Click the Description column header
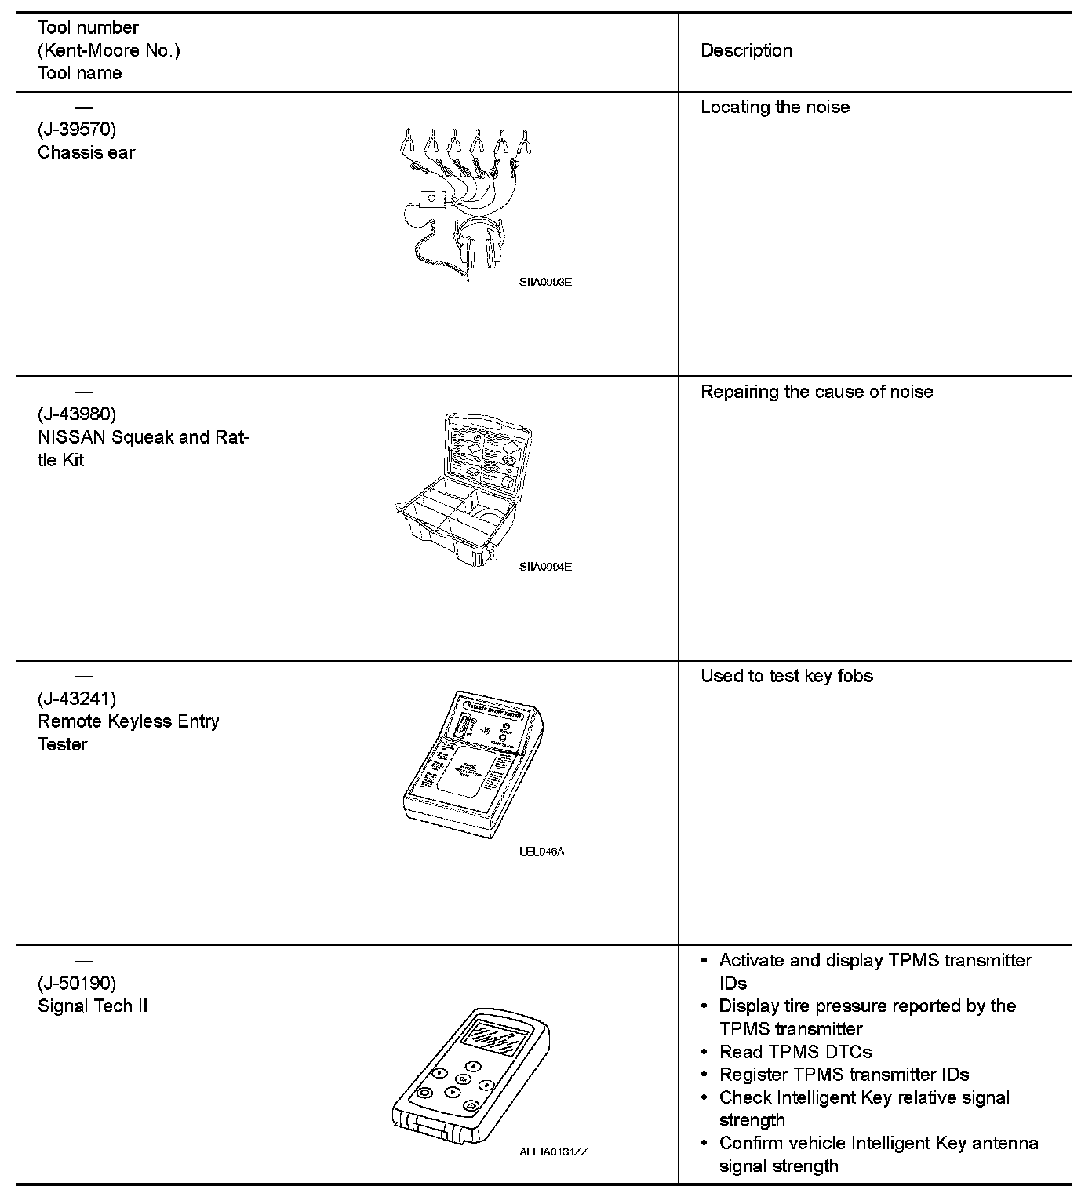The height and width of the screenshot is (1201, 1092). point(746,51)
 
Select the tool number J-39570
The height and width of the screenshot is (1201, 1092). point(77,130)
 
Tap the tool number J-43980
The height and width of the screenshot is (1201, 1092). point(77,414)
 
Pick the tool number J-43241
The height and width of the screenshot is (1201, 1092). point(77,699)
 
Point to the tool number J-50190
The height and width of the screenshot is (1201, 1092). point(77,983)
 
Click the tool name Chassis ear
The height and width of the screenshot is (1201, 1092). point(86,152)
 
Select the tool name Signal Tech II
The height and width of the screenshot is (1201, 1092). point(93,1006)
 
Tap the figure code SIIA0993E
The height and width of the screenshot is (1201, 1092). point(545,283)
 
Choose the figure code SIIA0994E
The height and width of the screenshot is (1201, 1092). point(545,567)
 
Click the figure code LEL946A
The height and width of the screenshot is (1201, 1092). point(541,851)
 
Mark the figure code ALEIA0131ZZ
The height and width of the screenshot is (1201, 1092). point(553,1152)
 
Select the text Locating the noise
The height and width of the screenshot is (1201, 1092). point(775,108)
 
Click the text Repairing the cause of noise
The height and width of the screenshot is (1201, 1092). point(817,392)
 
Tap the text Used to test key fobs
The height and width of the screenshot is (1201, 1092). point(787,676)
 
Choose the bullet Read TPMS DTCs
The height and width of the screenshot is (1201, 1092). point(795,1052)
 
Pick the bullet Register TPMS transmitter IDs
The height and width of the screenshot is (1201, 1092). point(844,1075)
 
